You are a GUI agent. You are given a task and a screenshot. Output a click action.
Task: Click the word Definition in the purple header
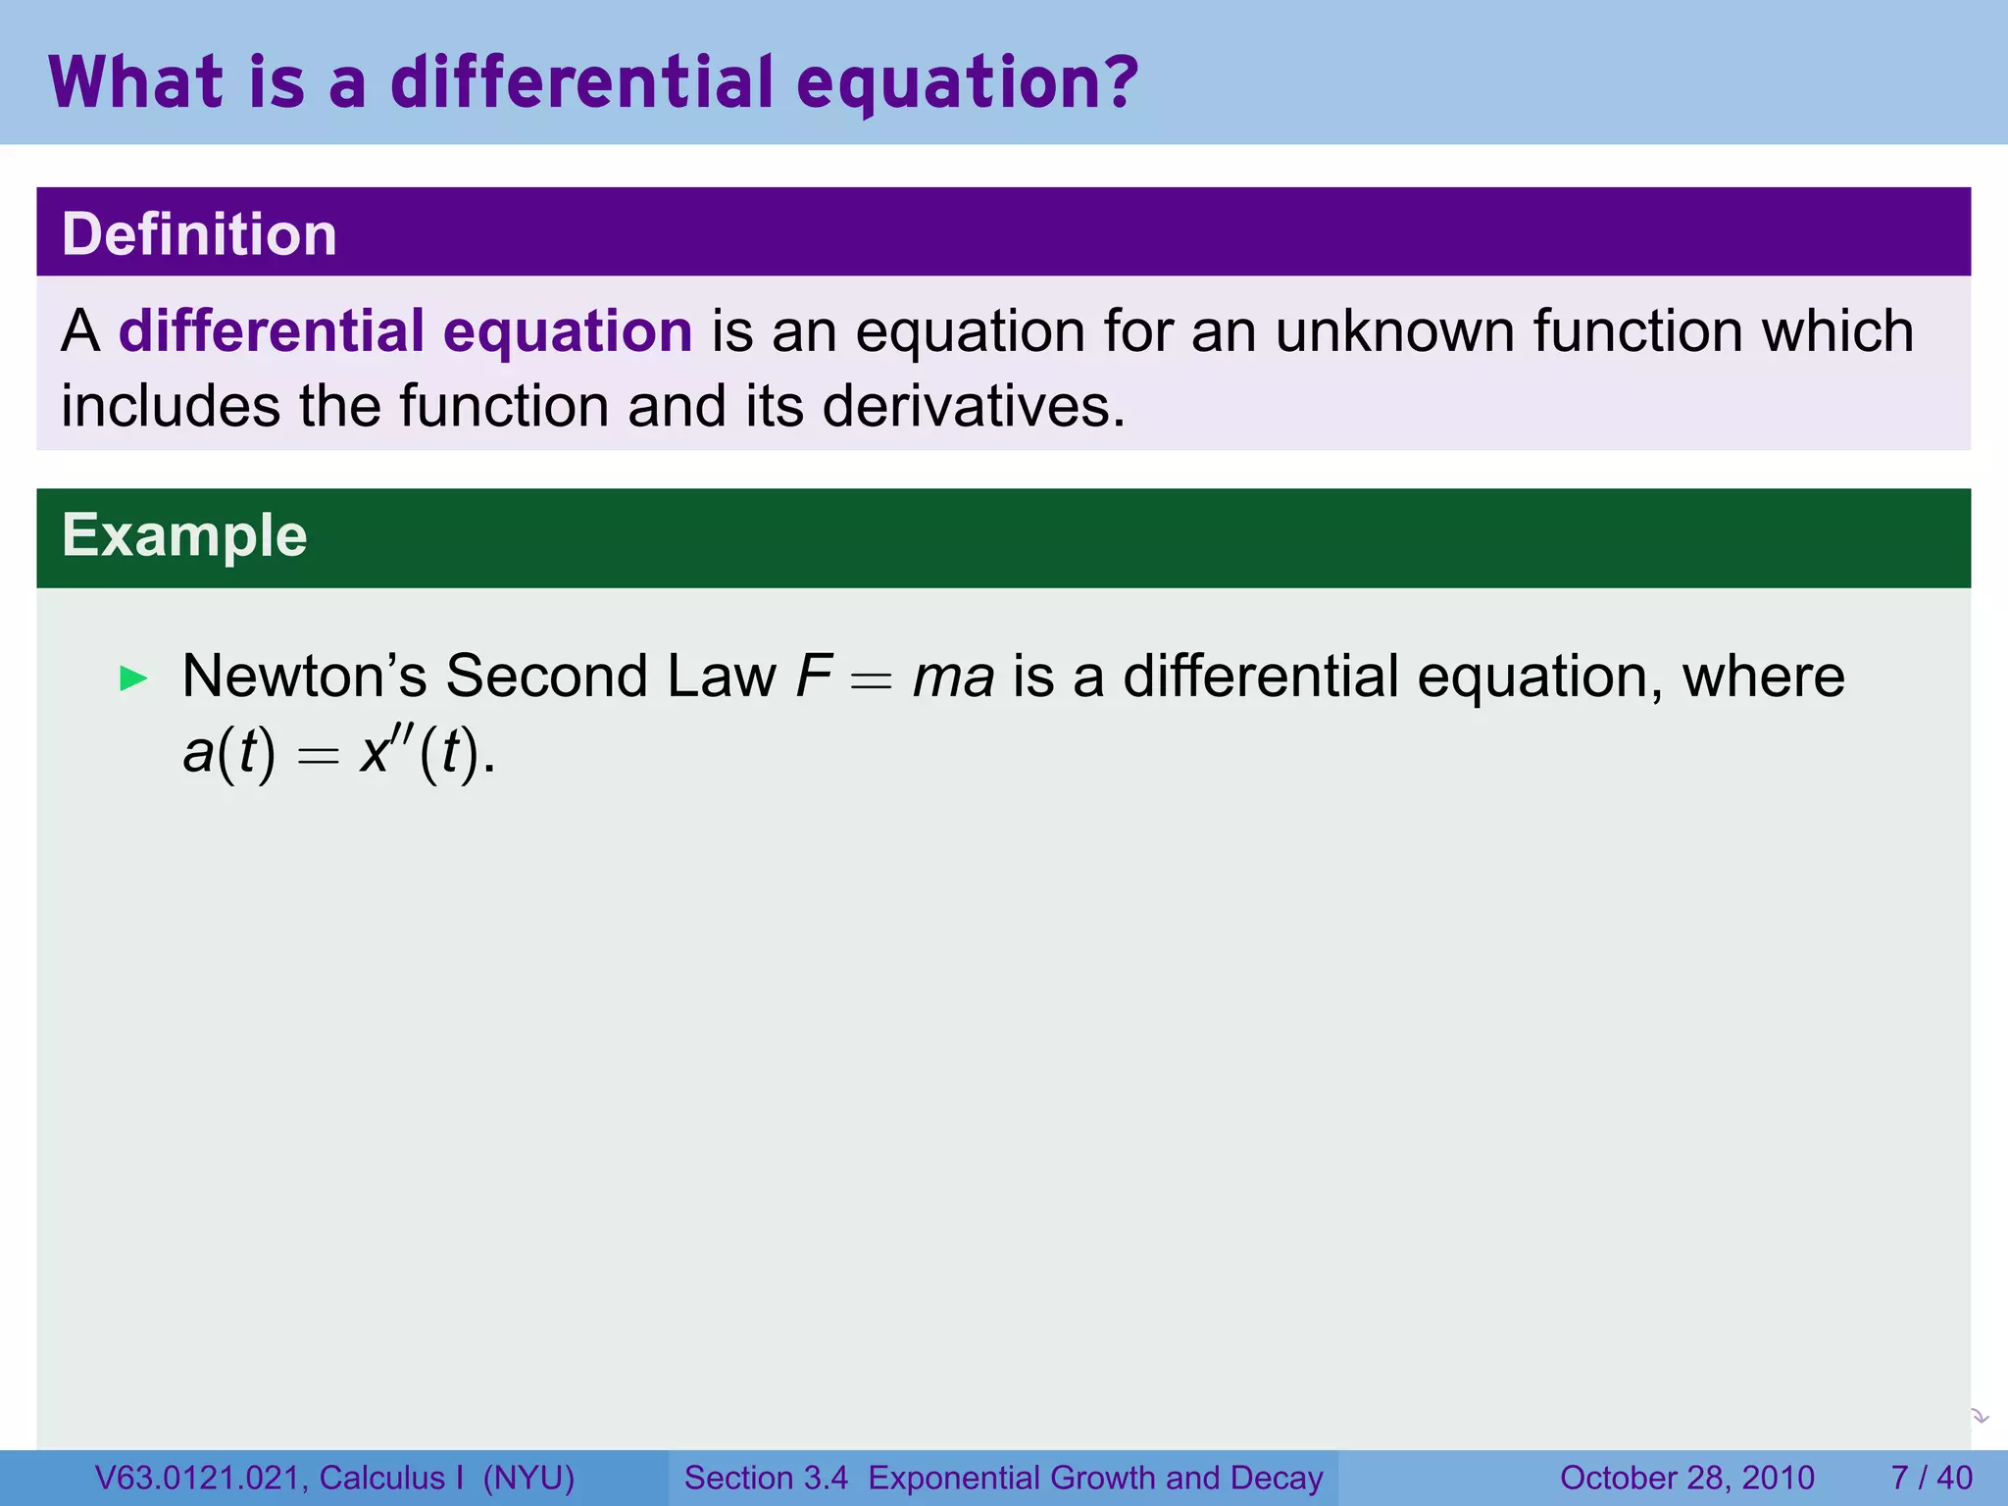point(199,234)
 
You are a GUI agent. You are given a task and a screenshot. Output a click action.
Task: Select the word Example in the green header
point(184,535)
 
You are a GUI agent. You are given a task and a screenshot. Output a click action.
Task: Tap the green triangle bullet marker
point(132,678)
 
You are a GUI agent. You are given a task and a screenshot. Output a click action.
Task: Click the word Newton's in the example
point(304,677)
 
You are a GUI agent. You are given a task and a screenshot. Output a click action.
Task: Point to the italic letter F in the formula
point(814,677)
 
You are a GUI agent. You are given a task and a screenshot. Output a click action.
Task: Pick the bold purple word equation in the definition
point(568,330)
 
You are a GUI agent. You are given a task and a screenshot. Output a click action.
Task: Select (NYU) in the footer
point(528,1478)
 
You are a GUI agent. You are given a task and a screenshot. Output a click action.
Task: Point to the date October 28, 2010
point(1686,1478)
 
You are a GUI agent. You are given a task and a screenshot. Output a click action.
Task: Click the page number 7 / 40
point(1931,1478)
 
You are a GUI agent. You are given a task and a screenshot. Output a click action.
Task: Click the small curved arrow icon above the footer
point(1979,1416)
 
